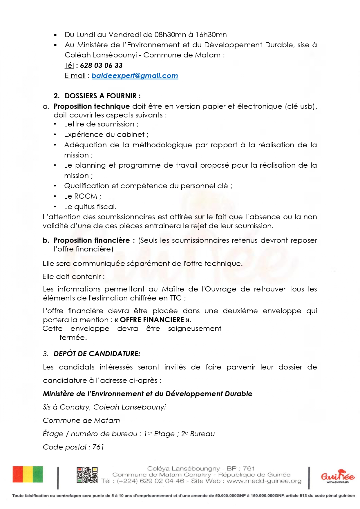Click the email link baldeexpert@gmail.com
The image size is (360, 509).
(135, 76)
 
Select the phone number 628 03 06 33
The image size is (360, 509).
(101, 66)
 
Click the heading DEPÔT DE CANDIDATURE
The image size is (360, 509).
(97, 354)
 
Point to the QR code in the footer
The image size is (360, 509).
(87, 475)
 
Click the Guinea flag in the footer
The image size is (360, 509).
(28, 474)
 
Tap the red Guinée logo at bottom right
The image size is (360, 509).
(338, 476)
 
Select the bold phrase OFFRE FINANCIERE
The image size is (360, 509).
(152, 320)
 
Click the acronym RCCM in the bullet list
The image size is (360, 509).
(86, 196)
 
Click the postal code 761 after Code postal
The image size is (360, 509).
(98, 447)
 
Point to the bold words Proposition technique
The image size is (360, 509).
(92, 106)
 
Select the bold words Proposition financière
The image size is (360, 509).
(92, 240)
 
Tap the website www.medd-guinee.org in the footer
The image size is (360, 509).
(264, 481)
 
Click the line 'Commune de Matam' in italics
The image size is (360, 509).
(81, 421)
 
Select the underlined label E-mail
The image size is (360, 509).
(75, 76)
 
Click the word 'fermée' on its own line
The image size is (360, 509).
(73, 338)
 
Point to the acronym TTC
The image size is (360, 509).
(176, 298)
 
